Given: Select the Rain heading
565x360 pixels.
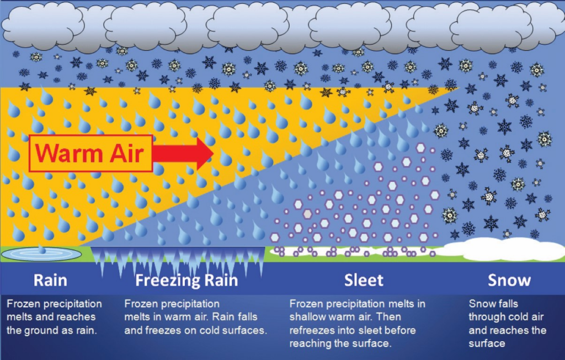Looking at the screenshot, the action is click(x=50, y=280).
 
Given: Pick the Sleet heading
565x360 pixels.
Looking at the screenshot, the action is click(x=364, y=280).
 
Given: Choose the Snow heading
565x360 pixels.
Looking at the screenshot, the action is click(x=509, y=280).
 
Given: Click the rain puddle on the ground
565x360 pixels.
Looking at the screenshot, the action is click(x=42, y=254).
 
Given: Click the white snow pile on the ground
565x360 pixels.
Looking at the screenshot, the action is click(x=504, y=249).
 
